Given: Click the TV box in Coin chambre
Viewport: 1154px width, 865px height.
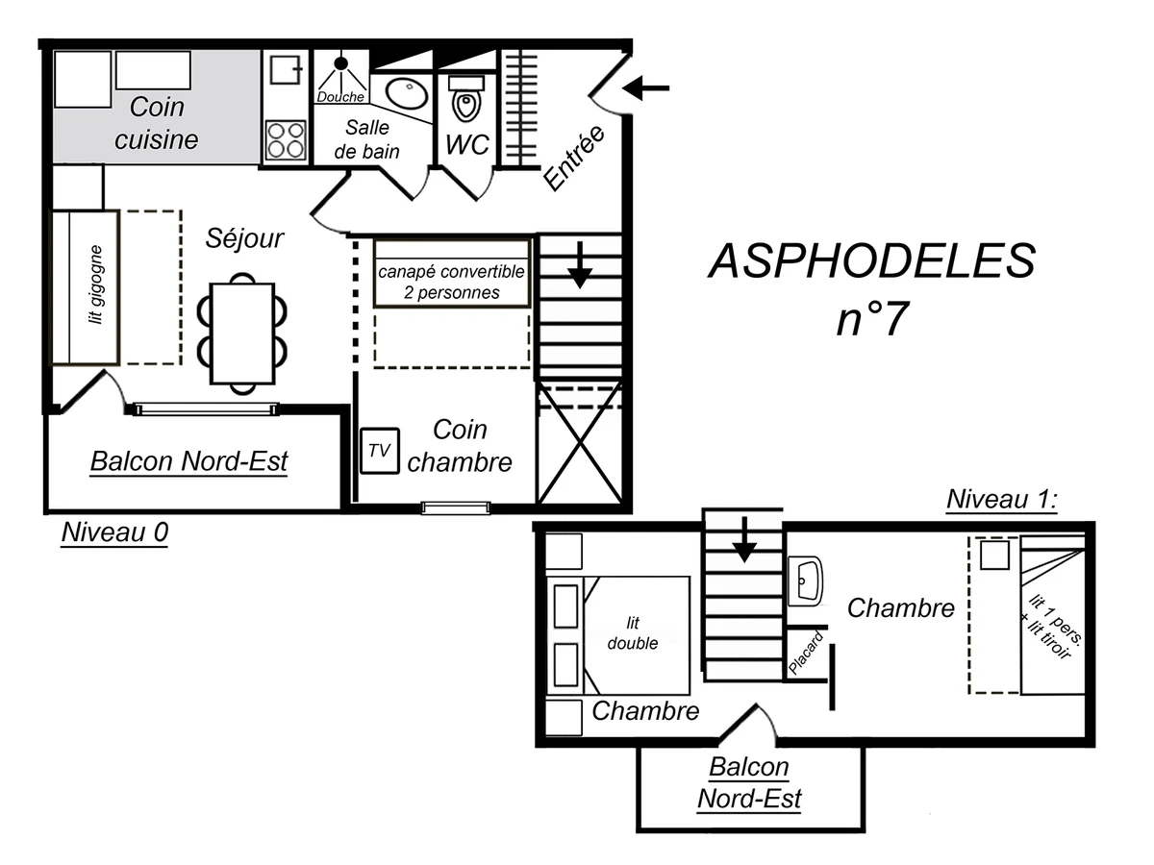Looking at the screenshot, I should [x=380, y=452].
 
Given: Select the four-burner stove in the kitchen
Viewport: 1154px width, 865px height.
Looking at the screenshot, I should [x=286, y=139].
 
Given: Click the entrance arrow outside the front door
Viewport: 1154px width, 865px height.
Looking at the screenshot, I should [x=646, y=89].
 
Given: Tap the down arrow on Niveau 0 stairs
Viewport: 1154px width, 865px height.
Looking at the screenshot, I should [x=579, y=265].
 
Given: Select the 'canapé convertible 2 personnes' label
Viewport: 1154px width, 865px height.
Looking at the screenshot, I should [x=451, y=282].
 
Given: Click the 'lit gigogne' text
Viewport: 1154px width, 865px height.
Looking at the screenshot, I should [x=95, y=286].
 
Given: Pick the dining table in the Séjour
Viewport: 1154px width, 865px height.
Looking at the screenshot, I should [x=242, y=333].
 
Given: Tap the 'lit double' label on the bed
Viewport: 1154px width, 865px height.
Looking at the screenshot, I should [x=634, y=634].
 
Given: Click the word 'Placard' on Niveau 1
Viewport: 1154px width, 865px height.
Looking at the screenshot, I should [x=806, y=654].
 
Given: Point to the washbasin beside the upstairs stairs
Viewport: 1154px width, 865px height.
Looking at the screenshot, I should [x=805, y=580].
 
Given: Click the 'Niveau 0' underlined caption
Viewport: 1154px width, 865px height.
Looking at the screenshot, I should [x=114, y=533].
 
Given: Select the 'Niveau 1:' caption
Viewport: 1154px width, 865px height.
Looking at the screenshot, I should [x=1001, y=500].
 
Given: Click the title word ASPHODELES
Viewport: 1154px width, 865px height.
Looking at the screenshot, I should [x=871, y=261].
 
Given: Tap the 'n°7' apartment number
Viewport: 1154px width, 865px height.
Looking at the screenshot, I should [x=871, y=319].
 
